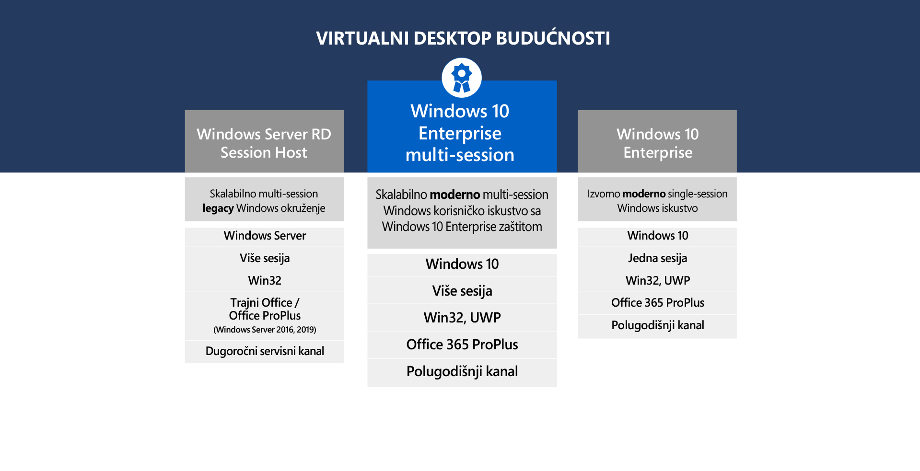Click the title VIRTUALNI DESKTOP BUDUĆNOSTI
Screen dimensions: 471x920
(463, 38)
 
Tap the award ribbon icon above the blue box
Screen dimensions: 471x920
(461, 78)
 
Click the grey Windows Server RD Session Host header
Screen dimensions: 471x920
(264, 143)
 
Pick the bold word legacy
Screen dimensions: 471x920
(218, 208)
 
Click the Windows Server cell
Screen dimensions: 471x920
(265, 236)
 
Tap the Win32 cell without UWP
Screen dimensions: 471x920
(265, 280)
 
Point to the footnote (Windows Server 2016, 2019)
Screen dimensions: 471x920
(265, 330)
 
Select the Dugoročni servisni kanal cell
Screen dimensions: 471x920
(265, 351)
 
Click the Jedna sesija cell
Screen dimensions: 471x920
(657, 258)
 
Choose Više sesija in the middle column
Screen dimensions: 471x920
(462, 291)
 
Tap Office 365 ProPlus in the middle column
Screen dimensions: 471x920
(462, 345)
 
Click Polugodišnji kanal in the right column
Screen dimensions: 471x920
(657, 325)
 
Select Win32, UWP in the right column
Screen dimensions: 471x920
(657, 280)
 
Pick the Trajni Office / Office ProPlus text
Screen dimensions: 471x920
(265, 309)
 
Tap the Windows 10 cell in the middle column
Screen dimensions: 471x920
(462, 264)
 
